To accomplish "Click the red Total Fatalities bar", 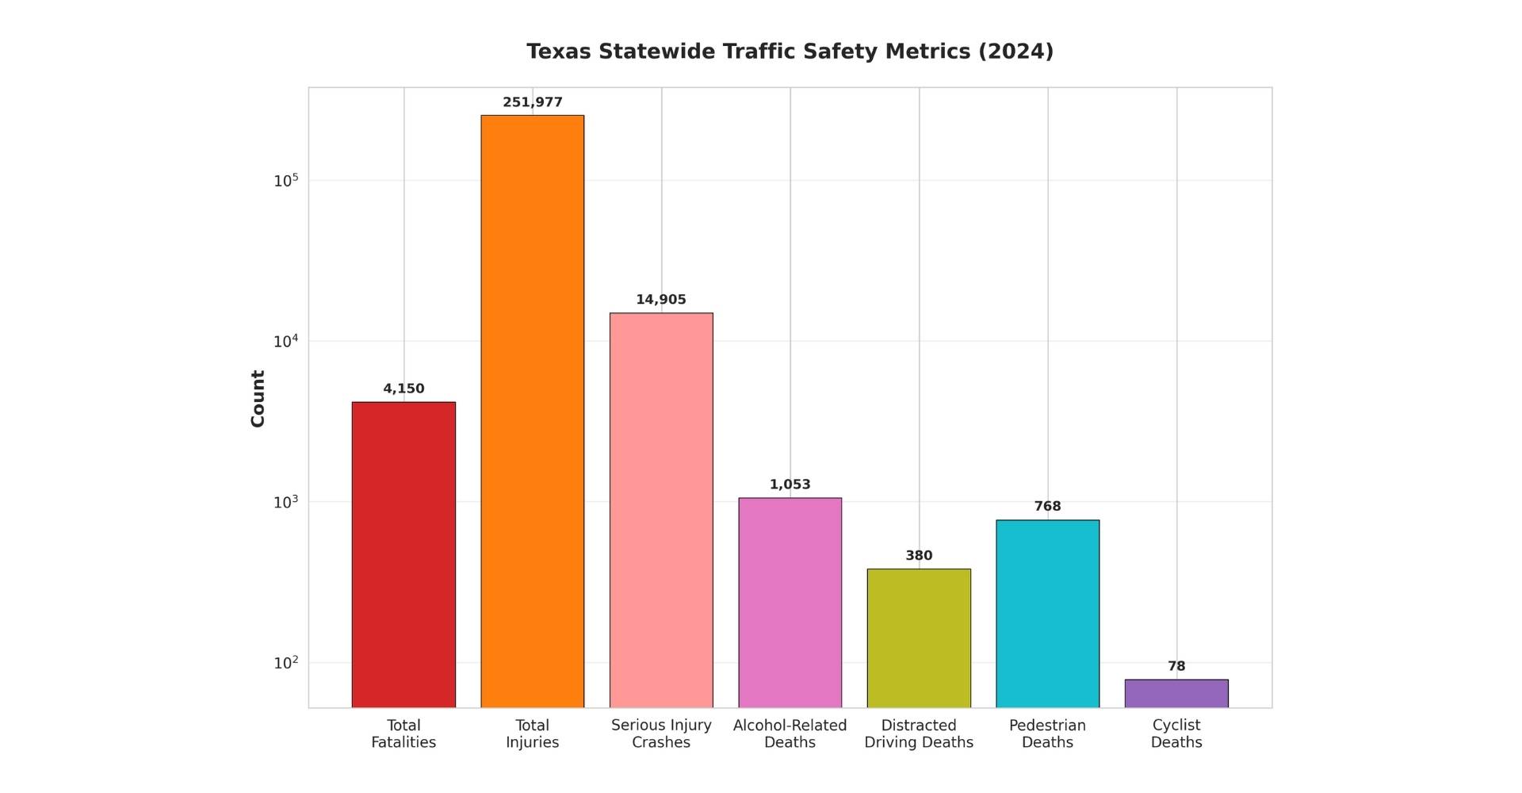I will [x=403, y=555].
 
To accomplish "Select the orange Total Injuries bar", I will [x=532, y=412].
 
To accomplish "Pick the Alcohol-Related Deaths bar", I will [x=790, y=603].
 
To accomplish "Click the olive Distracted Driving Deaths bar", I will [x=919, y=638].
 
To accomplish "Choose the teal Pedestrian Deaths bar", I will [x=1047, y=614].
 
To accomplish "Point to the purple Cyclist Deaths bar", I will [x=1176, y=694].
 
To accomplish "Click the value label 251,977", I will [x=532, y=102].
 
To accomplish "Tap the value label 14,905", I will [x=661, y=300].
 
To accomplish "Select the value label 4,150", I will [x=403, y=389].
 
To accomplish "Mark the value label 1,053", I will [x=790, y=485].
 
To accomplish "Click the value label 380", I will [x=919, y=556].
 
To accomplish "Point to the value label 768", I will [x=1047, y=507].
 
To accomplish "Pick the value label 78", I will [x=1176, y=666].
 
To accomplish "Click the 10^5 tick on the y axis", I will [x=286, y=181].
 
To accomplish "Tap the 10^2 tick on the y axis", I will [x=286, y=663].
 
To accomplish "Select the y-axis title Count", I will [x=258, y=398].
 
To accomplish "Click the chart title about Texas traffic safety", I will [x=790, y=52].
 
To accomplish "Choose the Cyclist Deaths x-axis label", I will [x=1176, y=734].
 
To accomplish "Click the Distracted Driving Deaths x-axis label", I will [x=919, y=734].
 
